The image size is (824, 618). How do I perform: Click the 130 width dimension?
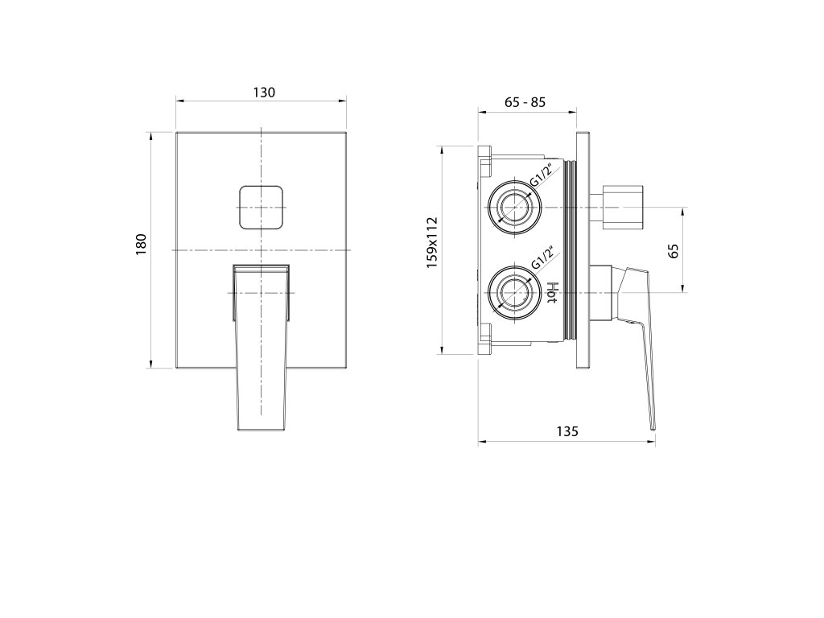[264, 93]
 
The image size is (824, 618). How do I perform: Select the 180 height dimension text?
[142, 245]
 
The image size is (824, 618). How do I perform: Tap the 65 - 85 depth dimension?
[525, 102]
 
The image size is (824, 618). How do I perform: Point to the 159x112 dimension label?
[432, 242]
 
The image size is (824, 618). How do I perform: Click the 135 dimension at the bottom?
[567, 431]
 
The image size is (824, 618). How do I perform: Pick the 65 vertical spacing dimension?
[674, 250]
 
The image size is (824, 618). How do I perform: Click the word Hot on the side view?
[552, 293]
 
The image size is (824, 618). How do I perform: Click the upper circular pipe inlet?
[514, 207]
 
